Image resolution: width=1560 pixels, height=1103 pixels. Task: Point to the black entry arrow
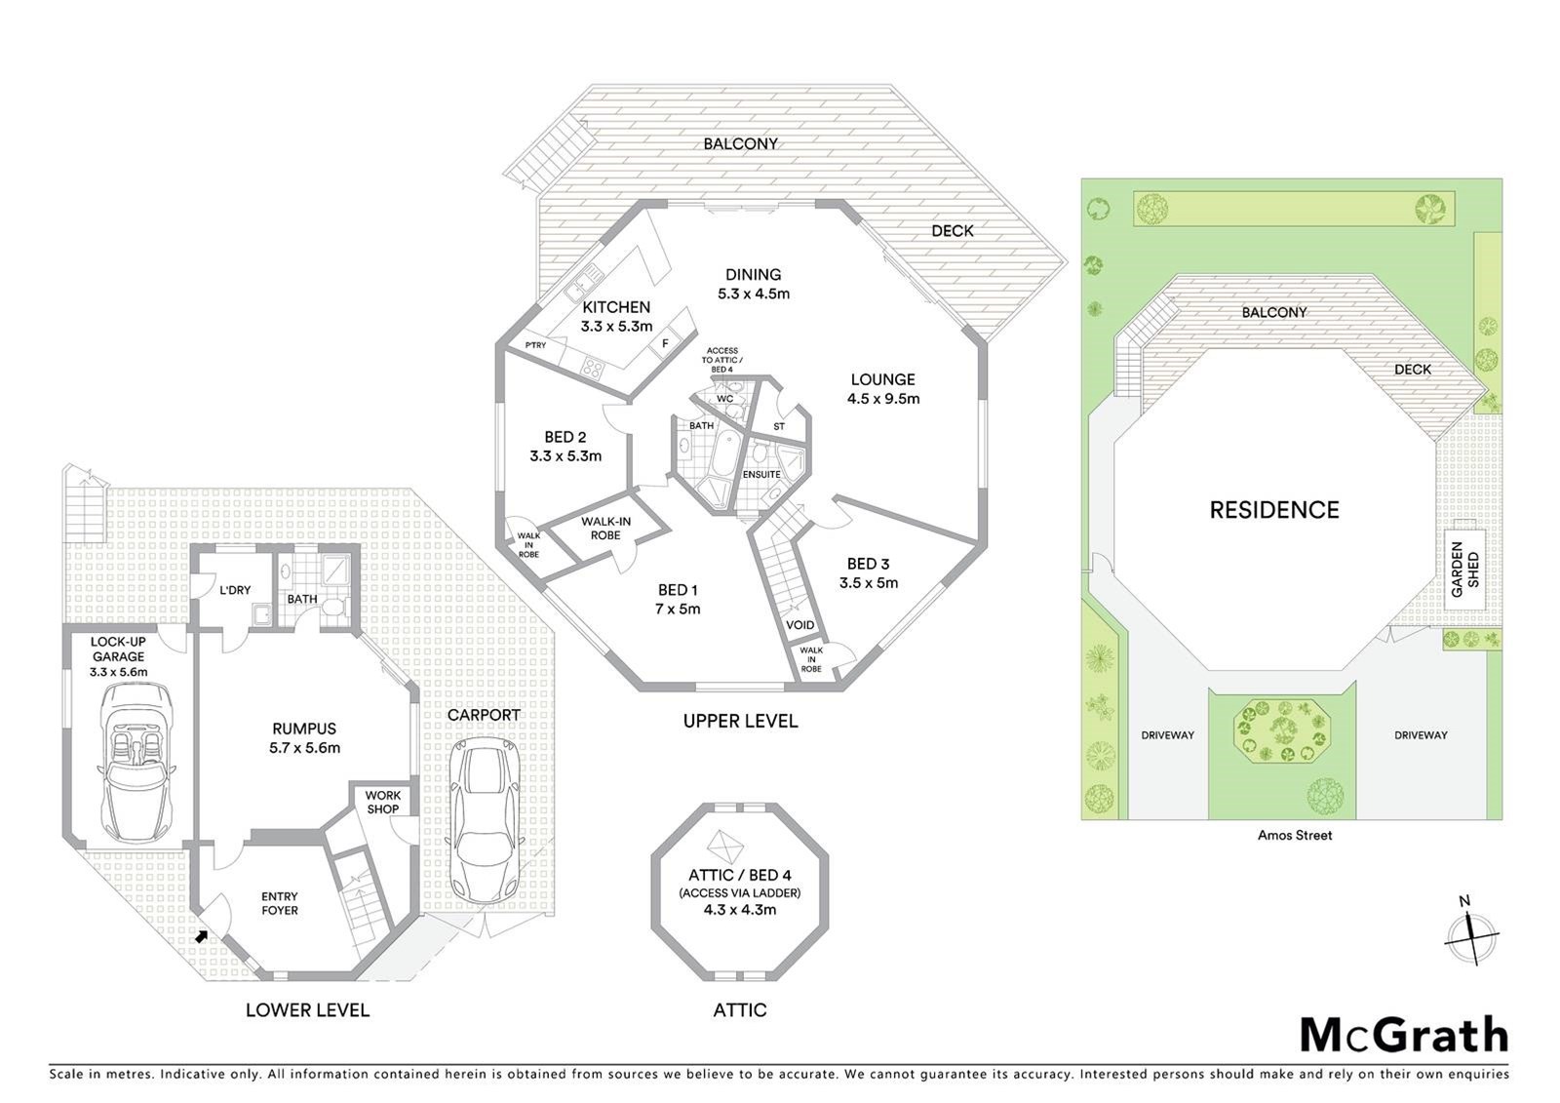[x=201, y=937]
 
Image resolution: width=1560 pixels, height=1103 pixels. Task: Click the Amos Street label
[x=1295, y=836]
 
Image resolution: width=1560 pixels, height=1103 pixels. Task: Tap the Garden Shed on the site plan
[x=1465, y=570]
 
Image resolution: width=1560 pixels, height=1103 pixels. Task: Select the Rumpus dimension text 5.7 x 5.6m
[x=304, y=748]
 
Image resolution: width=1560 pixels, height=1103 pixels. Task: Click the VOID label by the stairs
[x=799, y=625]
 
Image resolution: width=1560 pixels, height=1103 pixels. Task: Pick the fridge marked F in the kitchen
[x=665, y=343]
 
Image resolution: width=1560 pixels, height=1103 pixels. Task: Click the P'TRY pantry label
[x=535, y=345]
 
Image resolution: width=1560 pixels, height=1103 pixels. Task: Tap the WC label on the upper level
[x=725, y=399]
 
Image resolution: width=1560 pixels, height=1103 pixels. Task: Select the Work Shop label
[x=383, y=802]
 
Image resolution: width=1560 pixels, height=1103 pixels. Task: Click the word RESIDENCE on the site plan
[x=1273, y=510]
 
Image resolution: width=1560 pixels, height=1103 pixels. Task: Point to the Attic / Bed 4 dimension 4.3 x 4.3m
[x=740, y=909]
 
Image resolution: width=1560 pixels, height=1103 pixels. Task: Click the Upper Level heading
[x=740, y=721]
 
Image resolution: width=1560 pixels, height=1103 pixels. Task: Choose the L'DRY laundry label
[x=235, y=590]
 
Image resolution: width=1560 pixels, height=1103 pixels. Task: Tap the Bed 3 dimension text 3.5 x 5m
[x=869, y=583]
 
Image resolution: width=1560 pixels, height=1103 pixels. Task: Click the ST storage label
[x=779, y=426]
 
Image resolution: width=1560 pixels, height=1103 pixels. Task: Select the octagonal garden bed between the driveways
[x=1281, y=731]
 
